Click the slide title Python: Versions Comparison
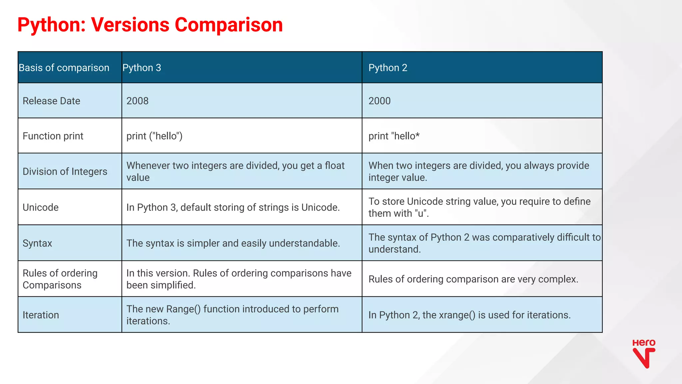point(150,25)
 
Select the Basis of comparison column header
point(64,68)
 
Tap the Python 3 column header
point(142,68)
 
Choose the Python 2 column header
point(388,68)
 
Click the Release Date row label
point(51,101)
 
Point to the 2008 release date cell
point(137,101)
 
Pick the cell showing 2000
point(379,101)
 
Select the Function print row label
point(53,136)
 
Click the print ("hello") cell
point(154,136)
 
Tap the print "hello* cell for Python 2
point(394,136)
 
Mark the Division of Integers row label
point(65,172)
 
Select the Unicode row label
point(41,207)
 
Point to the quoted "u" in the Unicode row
point(421,213)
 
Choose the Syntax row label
point(37,243)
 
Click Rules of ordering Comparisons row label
point(60,279)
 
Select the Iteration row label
point(41,315)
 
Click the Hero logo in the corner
point(644,353)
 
